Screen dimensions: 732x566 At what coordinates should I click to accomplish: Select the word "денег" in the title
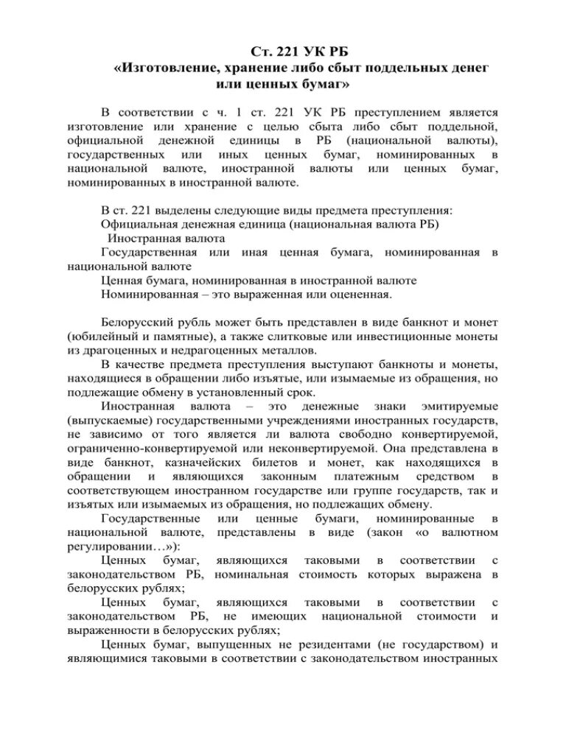[x=467, y=68]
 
